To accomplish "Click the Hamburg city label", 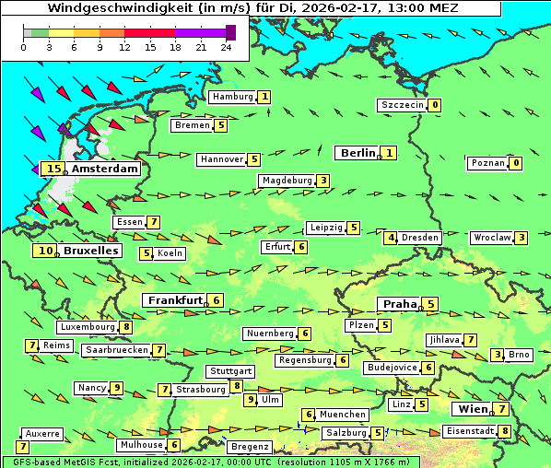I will (x=232, y=97).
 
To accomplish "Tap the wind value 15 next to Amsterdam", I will (x=53, y=169).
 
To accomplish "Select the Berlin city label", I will (x=358, y=153).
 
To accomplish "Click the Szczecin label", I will (x=403, y=105).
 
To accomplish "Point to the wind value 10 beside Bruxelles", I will (x=45, y=251).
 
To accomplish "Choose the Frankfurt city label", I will (x=175, y=300).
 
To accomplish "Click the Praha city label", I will (x=400, y=304).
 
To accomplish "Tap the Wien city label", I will (x=471, y=409).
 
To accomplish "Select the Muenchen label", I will (x=344, y=415).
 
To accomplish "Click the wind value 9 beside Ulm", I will (x=250, y=400).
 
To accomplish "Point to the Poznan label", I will (x=487, y=163).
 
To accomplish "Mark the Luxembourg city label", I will (x=88, y=327).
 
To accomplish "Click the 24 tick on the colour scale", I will (x=226, y=47).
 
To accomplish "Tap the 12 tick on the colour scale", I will (x=124, y=47).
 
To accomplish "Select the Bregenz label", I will (x=249, y=447).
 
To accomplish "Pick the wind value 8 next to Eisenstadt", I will (x=505, y=431).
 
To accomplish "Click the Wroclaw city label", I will (x=491, y=238).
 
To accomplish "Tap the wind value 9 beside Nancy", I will (x=116, y=388).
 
